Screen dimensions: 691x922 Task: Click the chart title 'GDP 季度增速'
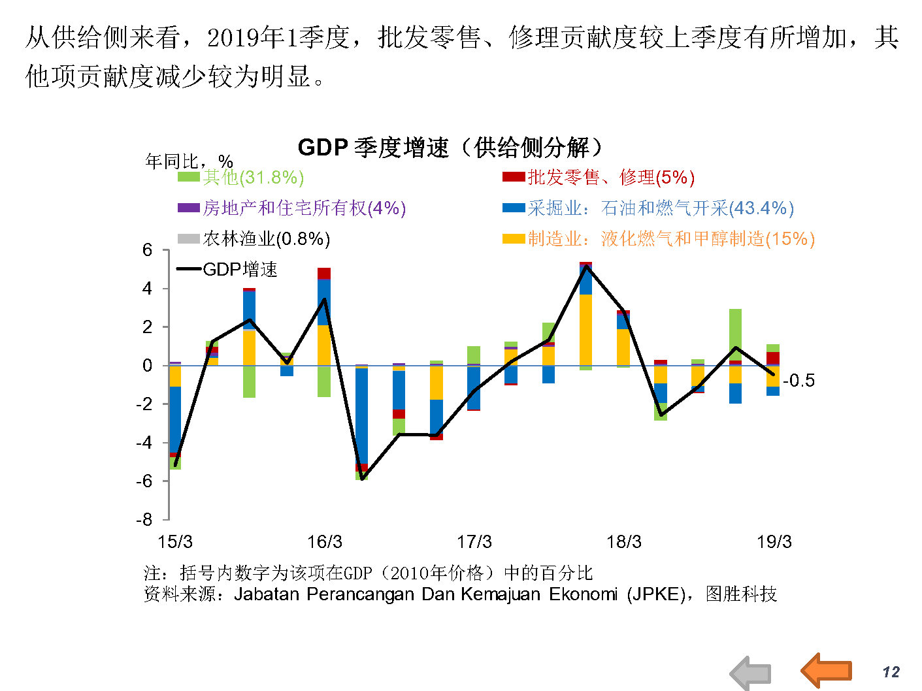(x=450, y=147)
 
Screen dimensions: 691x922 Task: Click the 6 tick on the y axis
(x=147, y=250)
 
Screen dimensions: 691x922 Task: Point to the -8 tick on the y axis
(x=144, y=520)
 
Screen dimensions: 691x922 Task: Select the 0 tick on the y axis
(x=147, y=366)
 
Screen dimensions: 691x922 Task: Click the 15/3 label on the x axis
(x=175, y=541)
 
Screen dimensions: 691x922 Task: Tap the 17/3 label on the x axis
(x=474, y=541)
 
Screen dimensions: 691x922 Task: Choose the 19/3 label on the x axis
(x=774, y=541)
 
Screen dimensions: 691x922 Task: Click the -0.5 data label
(x=799, y=380)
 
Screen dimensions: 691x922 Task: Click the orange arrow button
(x=827, y=670)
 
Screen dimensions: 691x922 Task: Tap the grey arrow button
(x=751, y=673)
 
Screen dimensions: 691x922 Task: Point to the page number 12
(x=891, y=672)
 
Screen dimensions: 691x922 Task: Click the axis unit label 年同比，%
(x=189, y=161)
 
